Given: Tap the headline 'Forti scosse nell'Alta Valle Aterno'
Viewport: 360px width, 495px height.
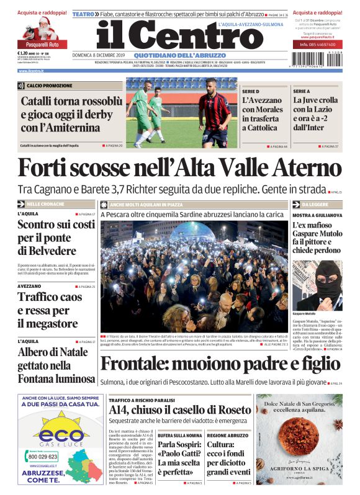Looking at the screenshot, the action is pyautogui.click(x=179, y=169).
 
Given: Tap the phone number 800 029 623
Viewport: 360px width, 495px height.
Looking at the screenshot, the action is pyautogui.click(x=43, y=456).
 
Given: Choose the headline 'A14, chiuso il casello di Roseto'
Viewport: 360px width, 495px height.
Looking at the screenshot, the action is pyautogui.click(x=179, y=409).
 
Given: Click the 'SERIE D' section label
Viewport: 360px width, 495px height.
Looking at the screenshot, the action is pyautogui.click(x=251, y=91).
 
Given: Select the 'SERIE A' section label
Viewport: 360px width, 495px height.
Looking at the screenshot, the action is pyautogui.click(x=302, y=91).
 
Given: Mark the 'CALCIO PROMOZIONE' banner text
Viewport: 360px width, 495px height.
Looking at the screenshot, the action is pyautogui.click(x=49, y=86).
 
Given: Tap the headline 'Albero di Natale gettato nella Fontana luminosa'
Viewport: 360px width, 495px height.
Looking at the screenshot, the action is pyautogui.click(x=56, y=365).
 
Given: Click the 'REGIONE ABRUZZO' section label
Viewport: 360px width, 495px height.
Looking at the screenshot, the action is pyautogui.click(x=227, y=435).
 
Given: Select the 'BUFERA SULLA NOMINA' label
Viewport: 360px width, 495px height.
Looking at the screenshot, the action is pyautogui.click(x=179, y=435).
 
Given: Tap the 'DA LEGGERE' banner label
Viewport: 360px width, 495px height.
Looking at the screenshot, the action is pyautogui.click(x=317, y=203).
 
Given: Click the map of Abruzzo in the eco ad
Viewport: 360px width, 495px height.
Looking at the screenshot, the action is pyautogui.click(x=83, y=460).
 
